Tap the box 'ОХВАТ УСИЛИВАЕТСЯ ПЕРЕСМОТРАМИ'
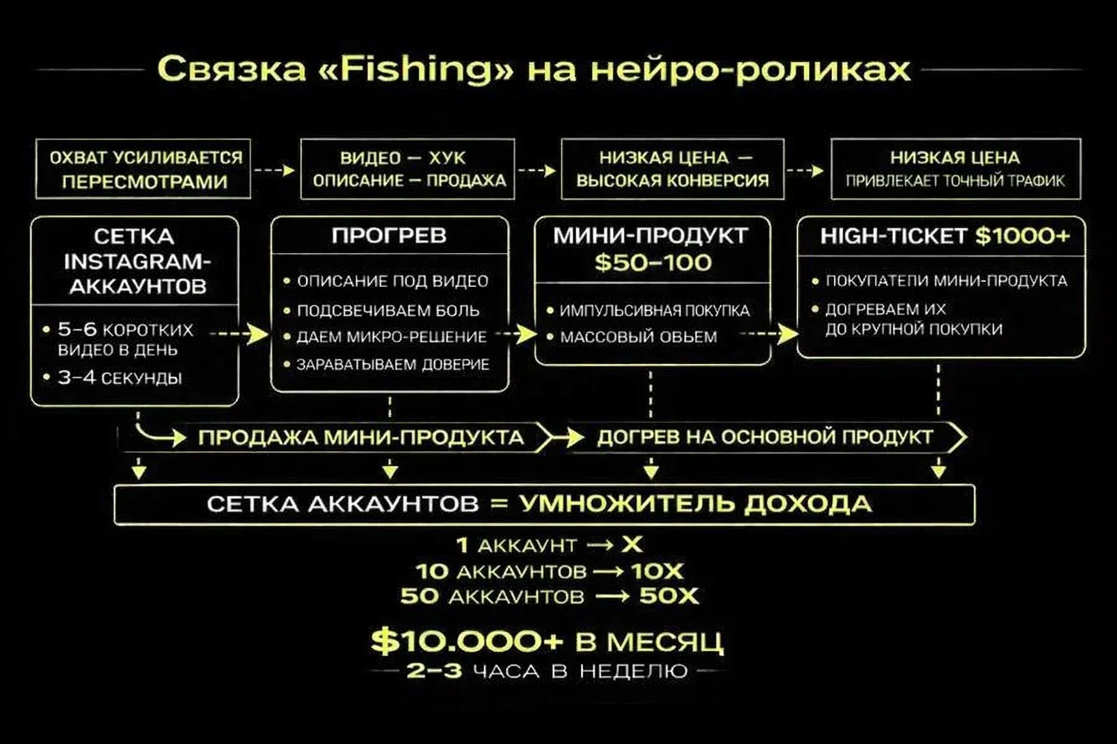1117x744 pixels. point(143,169)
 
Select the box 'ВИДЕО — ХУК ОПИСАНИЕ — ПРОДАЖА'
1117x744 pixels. point(408,169)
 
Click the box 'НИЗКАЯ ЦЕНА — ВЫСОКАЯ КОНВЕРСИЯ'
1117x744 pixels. point(673,169)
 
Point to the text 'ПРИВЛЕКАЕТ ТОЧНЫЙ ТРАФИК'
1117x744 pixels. point(955,181)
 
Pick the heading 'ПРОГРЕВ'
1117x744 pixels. point(389,235)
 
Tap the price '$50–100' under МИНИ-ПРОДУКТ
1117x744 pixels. point(652,262)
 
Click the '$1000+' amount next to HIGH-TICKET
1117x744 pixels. point(1022,235)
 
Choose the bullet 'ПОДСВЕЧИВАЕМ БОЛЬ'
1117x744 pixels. point(388,311)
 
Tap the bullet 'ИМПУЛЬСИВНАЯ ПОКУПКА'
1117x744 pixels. point(654,311)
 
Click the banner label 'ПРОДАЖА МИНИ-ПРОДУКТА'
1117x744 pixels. point(361,437)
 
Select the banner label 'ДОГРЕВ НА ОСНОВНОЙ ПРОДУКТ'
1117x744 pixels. point(764,437)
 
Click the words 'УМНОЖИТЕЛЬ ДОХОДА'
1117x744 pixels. point(695,504)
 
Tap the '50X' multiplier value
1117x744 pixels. point(668,597)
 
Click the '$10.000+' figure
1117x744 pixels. point(466,642)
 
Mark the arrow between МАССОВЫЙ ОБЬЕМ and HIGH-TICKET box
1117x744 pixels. point(768,334)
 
